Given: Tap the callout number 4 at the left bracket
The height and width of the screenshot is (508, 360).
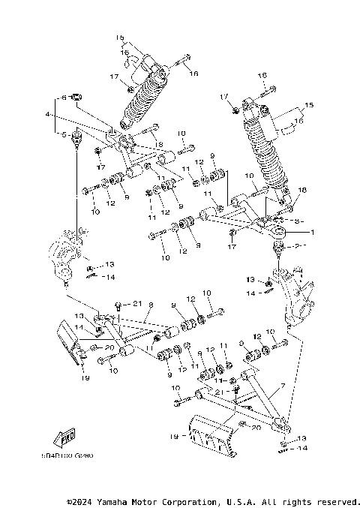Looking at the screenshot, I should click(x=46, y=115).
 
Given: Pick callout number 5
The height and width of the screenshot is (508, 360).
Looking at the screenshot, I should click(x=64, y=134).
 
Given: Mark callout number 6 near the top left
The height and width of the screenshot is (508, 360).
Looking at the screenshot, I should click(x=64, y=98).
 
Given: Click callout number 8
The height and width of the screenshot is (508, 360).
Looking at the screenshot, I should click(x=150, y=305).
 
